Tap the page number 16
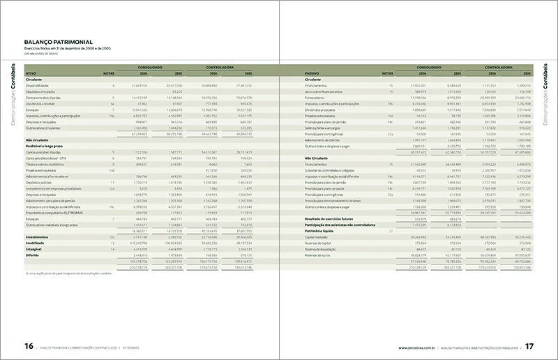click(29, 346)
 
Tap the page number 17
click(529, 346)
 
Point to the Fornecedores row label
click(317, 97)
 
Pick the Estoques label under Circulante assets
click(32, 110)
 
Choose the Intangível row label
click(34, 249)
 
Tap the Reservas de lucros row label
click(320, 255)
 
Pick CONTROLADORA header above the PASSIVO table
click(500, 68)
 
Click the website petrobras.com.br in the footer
click(417, 347)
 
